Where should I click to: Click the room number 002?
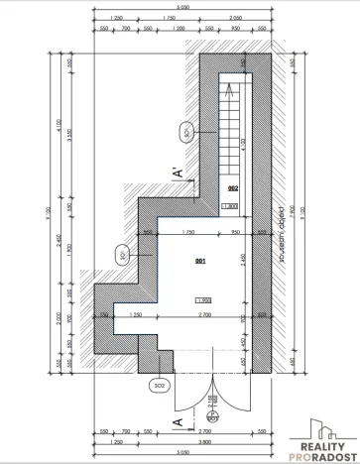coord(234,187)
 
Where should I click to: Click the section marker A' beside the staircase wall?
coord(178,174)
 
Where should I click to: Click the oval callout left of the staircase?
coord(185,130)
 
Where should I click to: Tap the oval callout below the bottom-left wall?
coord(159,383)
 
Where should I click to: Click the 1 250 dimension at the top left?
coord(116,19)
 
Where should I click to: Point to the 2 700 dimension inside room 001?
coord(202,314)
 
